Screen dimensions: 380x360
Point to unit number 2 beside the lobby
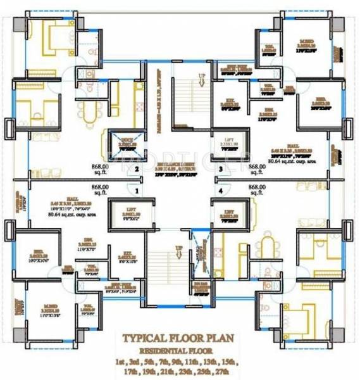pyautogui.click(x=136, y=169)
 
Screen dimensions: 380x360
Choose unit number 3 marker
pyautogui.click(x=220, y=169)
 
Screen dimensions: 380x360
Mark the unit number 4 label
pyautogui.click(x=220, y=190)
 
